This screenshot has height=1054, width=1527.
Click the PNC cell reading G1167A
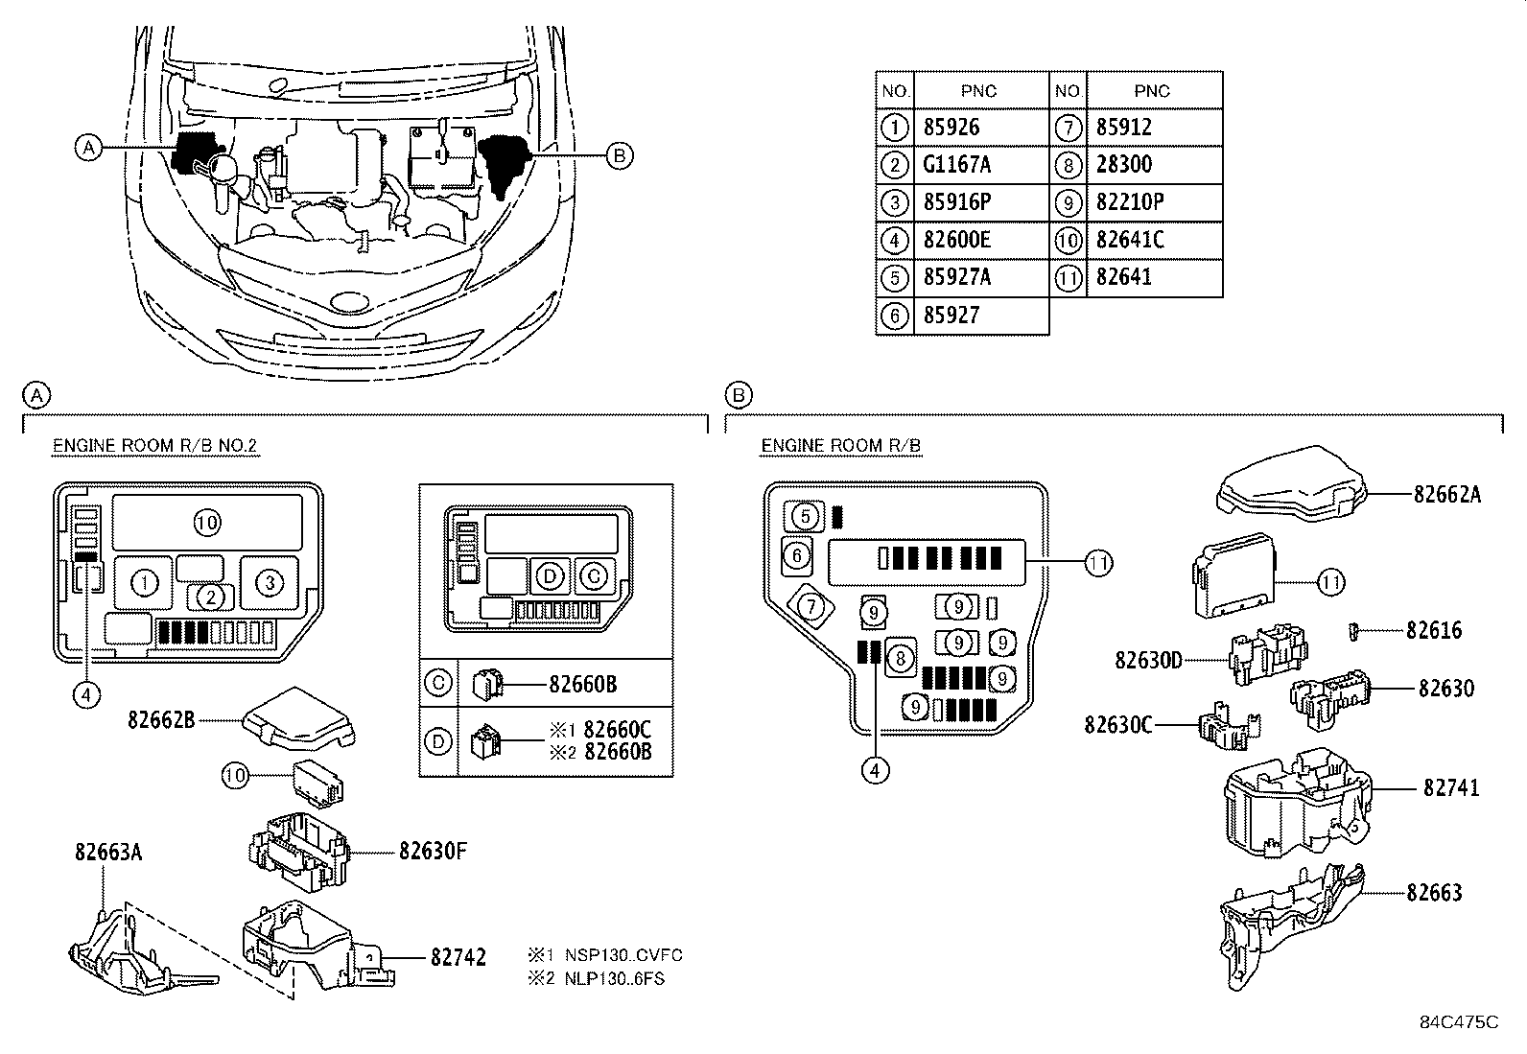pyautogui.click(x=956, y=165)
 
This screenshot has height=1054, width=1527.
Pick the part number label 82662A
pyautogui.click(x=1446, y=494)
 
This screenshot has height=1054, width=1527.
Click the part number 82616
pyautogui.click(x=1434, y=630)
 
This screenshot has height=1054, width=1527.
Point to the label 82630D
pyautogui.click(x=1147, y=660)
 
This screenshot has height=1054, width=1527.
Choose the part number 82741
pyautogui.click(x=1450, y=787)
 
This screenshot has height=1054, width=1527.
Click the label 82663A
pyautogui.click(x=107, y=852)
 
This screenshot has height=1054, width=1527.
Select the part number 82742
pyautogui.click(x=458, y=956)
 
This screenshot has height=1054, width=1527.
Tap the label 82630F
pyautogui.click(x=433, y=850)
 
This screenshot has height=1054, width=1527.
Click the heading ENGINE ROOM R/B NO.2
pyautogui.click(x=154, y=446)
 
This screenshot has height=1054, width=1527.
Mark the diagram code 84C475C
pyautogui.click(x=1459, y=1022)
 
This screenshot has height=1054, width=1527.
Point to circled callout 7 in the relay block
pyautogui.click(x=811, y=606)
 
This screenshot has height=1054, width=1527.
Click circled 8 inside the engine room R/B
pyautogui.click(x=900, y=658)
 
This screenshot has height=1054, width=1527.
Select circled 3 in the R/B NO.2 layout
pyautogui.click(x=270, y=582)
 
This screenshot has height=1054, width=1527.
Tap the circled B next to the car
pyautogui.click(x=620, y=154)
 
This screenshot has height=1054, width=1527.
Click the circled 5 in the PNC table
pyautogui.click(x=894, y=278)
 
